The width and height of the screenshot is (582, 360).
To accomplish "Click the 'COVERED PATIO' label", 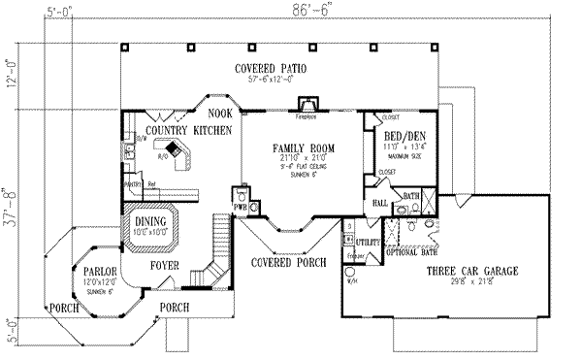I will tap(271, 67).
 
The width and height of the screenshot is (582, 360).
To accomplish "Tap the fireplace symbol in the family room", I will tap(307, 104).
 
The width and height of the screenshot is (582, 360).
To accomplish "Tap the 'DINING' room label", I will tap(149, 222).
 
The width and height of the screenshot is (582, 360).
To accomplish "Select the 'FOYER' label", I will tap(162, 263).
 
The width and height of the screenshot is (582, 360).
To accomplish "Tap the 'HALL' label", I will tap(381, 203).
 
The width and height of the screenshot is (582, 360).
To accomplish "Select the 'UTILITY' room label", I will tap(366, 238).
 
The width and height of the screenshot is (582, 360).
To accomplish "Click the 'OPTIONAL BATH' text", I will tap(410, 252).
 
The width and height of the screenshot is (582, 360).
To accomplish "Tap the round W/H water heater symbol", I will tap(350, 273).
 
